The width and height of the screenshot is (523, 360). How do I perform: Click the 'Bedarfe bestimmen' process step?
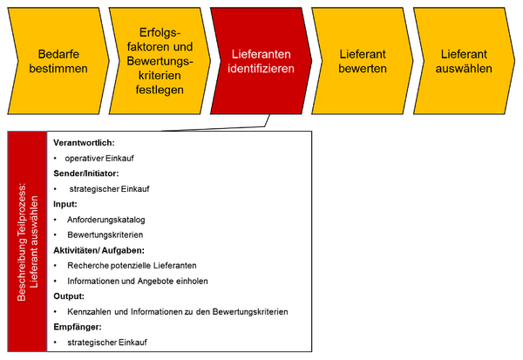tap(58, 61)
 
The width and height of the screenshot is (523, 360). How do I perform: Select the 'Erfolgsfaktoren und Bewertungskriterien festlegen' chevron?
tap(160, 61)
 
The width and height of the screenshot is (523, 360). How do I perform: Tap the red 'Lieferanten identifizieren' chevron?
tap(261, 61)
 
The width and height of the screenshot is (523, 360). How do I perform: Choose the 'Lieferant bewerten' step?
tap(363, 61)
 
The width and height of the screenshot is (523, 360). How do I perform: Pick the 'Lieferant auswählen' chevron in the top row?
tap(464, 61)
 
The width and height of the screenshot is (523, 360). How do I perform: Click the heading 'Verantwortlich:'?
tap(84, 143)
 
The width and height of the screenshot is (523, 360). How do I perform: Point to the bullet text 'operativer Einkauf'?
tap(99, 158)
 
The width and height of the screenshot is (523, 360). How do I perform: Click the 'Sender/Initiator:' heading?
tap(86, 173)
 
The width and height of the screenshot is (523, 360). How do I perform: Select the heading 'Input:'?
tap(65, 204)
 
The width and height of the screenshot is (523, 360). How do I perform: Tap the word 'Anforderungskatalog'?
tap(106, 220)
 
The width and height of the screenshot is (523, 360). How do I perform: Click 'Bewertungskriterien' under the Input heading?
tap(105, 234)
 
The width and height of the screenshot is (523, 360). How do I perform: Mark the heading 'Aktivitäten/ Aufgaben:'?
tap(98, 250)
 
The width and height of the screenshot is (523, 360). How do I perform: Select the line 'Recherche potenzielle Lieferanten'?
tap(132, 266)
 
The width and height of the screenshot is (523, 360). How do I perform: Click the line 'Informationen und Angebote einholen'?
tap(138, 281)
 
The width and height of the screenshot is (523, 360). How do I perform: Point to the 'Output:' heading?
tap(69, 296)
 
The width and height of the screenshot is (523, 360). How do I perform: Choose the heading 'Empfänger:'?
tap(78, 327)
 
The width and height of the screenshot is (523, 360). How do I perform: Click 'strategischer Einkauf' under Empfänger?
tap(107, 343)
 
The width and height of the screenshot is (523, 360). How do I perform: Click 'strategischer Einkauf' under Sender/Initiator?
tap(110, 189)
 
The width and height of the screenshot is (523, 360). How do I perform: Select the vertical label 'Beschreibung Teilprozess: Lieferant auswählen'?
tap(27, 241)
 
